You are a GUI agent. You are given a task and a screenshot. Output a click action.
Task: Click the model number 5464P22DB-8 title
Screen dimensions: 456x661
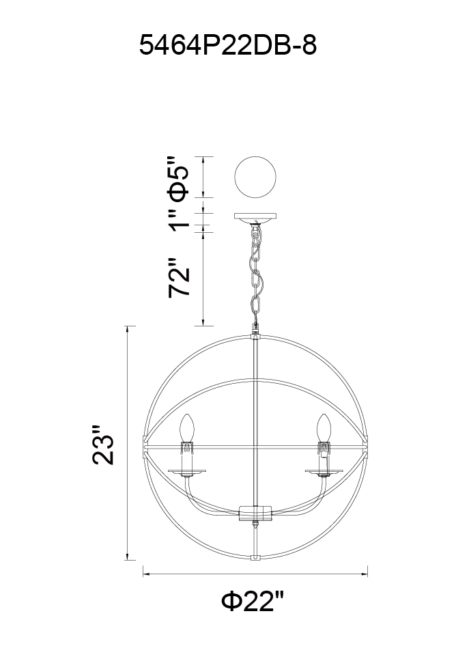[x=227, y=45]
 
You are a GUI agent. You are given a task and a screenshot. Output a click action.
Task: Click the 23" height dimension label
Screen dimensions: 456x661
[x=103, y=445]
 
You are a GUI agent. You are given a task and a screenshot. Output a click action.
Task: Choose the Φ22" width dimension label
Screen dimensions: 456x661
[x=253, y=600]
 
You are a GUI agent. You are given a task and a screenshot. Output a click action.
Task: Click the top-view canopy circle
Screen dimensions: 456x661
[x=255, y=177]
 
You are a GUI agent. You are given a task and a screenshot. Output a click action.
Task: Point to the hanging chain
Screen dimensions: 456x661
[x=256, y=274]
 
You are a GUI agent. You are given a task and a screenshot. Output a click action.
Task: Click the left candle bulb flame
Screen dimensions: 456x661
[x=187, y=427]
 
